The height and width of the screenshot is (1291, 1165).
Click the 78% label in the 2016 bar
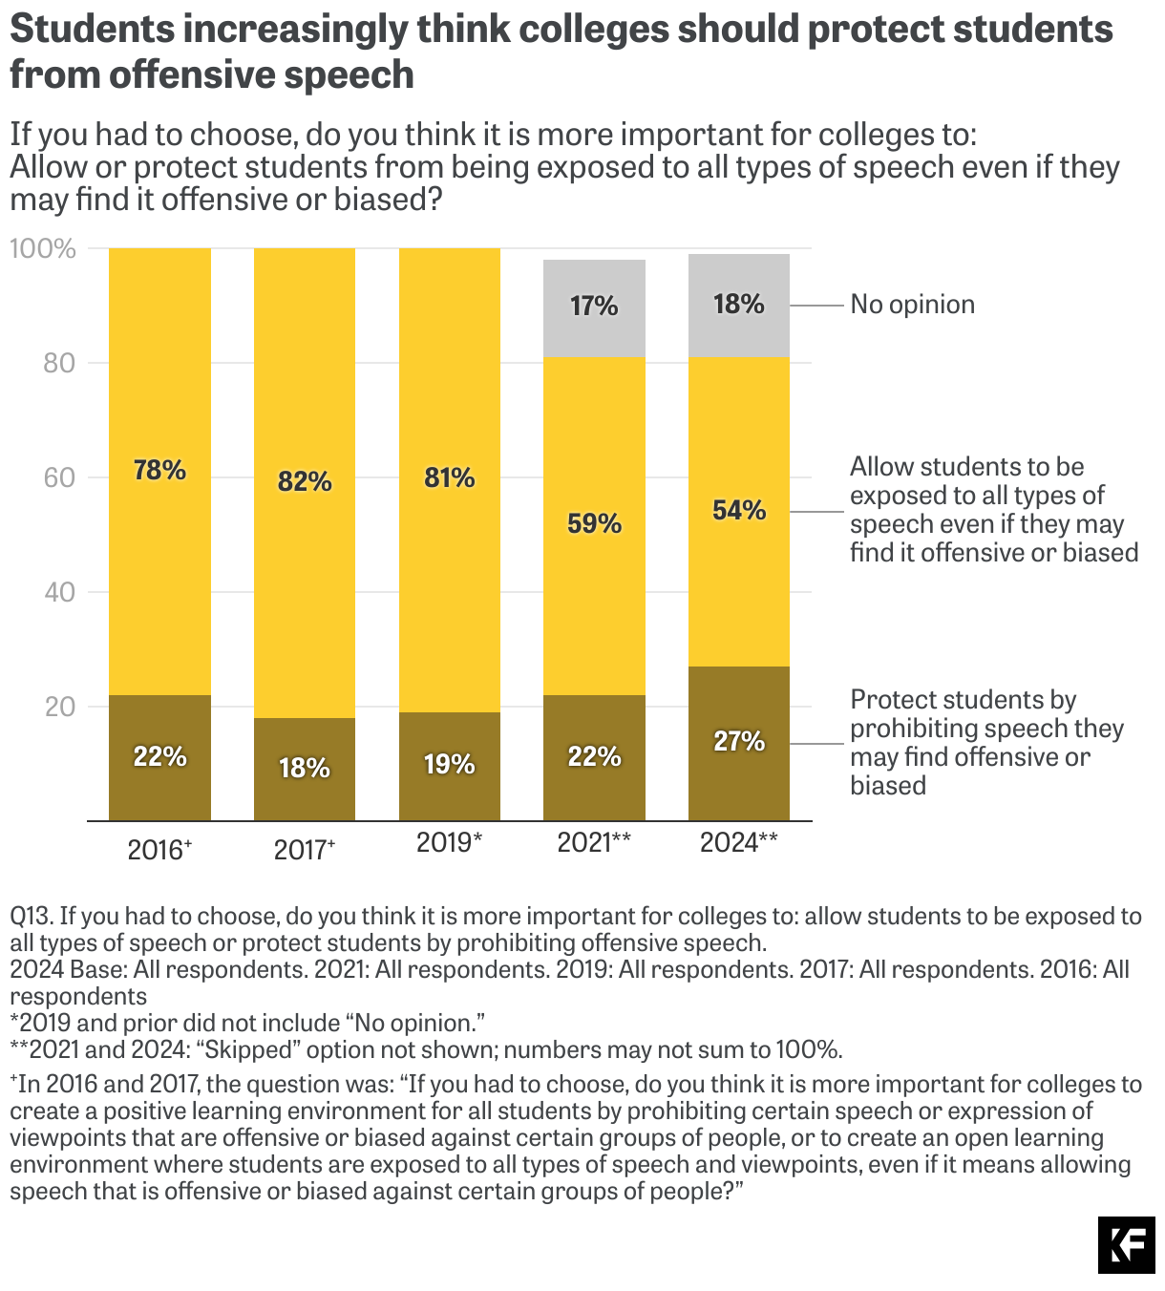coord(159,470)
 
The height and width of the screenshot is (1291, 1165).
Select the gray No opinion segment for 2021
coord(594,307)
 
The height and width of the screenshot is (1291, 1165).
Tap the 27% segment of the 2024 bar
coord(739,742)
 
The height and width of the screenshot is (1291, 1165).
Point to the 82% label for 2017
coord(305,481)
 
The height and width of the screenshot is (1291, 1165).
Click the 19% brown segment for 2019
coord(449,765)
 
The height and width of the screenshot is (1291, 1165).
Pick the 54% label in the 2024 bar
coord(739,510)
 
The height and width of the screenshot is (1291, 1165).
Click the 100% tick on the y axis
coord(43,249)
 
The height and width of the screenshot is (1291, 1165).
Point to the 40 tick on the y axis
coord(59,592)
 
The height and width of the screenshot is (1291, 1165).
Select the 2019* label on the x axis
coord(449,842)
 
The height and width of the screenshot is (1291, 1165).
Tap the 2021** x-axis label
coord(594,842)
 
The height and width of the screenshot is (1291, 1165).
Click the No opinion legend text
coord(912,305)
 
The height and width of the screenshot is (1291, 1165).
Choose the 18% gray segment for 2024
coord(739,306)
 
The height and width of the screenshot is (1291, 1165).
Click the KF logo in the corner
coord(1126,1245)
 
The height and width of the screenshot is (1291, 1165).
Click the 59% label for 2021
coord(594,523)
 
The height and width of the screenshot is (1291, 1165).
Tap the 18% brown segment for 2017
coord(305,769)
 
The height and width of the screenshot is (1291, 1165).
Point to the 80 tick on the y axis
coord(59,363)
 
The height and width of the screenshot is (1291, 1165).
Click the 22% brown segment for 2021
coord(594,757)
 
